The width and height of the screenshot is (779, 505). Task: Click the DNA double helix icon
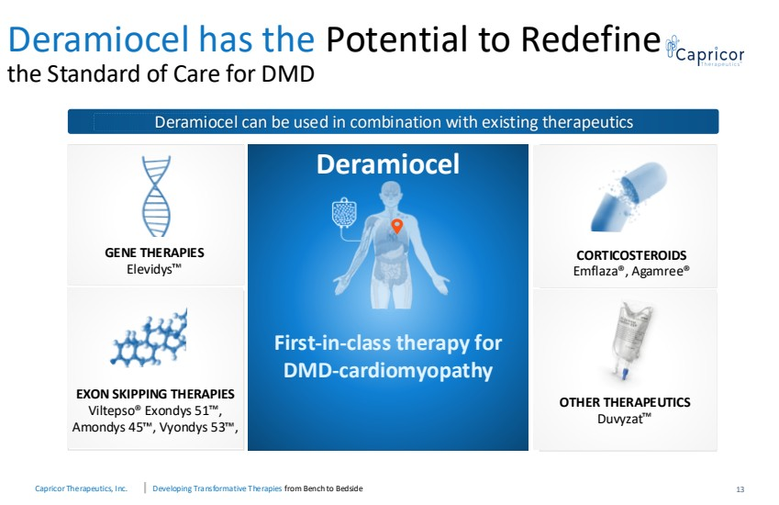pos(156,196)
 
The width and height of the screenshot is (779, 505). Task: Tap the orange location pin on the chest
pos(396,226)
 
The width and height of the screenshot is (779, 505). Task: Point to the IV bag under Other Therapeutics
pos(630,343)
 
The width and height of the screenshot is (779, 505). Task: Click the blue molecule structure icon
pos(149,339)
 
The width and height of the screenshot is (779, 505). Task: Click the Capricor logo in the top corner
pos(705,51)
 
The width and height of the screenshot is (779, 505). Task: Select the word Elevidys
pos(153,269)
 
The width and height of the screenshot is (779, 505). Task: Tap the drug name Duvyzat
pos(624,419)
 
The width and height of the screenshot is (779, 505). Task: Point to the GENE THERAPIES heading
pos(154,252)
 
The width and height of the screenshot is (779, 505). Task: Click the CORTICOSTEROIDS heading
pos(631,255)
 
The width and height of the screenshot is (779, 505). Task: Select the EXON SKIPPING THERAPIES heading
pos(155,394)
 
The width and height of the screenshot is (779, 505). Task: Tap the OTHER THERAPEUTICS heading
pos(625,402)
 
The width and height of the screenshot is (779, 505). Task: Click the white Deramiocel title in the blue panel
pos(388,164)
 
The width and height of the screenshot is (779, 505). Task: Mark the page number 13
pos(740,489)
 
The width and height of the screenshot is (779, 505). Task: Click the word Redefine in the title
pos(591,39)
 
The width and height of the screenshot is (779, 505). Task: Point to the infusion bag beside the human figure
pos(342,214)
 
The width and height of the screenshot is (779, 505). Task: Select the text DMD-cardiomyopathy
pos(388,371)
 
